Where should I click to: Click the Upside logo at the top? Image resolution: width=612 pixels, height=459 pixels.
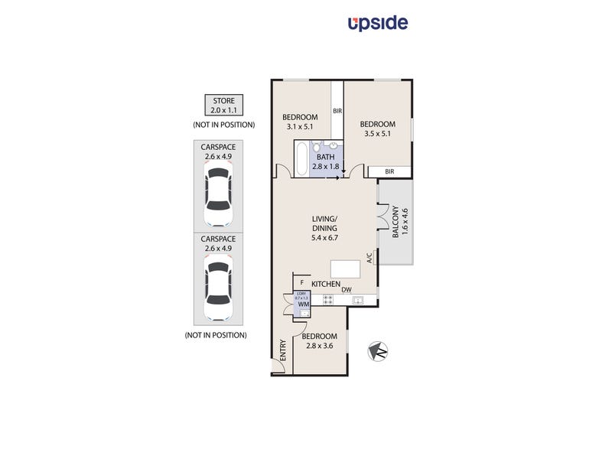378,23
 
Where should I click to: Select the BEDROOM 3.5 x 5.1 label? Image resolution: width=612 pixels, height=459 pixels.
377,129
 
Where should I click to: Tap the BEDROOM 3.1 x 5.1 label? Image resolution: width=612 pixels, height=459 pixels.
301,122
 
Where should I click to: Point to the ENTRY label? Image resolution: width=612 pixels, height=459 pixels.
283,350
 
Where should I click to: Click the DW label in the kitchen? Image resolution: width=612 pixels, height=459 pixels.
347,289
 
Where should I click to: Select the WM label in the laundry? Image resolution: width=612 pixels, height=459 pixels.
302,304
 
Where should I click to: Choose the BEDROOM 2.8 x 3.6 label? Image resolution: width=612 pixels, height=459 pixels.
318,340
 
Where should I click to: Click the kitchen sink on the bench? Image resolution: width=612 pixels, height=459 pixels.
356,301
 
